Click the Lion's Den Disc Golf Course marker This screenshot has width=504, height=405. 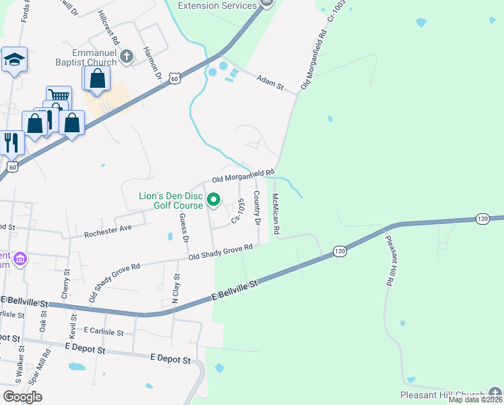(214, 199)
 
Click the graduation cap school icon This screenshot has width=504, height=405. (13, 61)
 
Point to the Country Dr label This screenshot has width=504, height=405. (257, 208)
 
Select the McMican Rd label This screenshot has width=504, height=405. (276, 215)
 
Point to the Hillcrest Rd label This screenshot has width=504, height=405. (108, 27)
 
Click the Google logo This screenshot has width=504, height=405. (22, 396)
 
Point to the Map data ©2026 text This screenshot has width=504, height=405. (475, 400)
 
